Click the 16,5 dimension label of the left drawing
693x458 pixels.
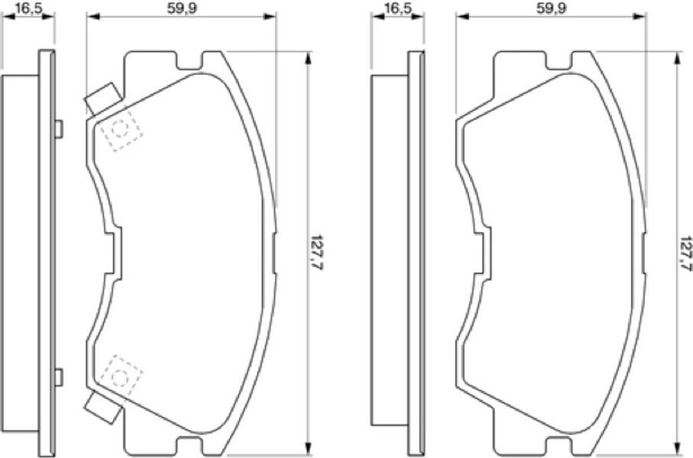tap(29, 8)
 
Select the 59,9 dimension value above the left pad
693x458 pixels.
tap(181, 8)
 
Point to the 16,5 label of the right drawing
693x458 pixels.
tap(398, 8)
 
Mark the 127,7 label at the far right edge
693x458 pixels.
tap(685, 253)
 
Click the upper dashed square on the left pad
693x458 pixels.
tap(120, 130)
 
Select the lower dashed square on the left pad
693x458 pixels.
tap(120, 377)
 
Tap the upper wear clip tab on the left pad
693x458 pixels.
tap(103, 98)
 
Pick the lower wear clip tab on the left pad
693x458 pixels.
tap(103, 406)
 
